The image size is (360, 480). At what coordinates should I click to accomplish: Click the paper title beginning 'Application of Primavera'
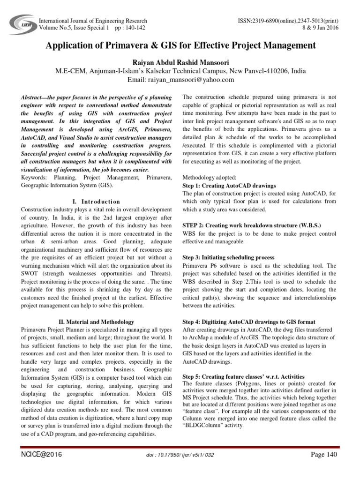pyautogui.click(x=180, y=45)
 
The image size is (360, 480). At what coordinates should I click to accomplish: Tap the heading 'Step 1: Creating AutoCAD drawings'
pyautogui.click(x=229, y=186)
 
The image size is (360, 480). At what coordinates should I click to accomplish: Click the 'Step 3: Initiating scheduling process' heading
pyautogui.click(x=228, y=257)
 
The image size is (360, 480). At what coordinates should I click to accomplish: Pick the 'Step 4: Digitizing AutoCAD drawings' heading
pyautogui.click(x=248, y=322)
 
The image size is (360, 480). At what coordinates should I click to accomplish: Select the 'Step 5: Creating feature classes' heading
pyautogui.click(x=243, y=376)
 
